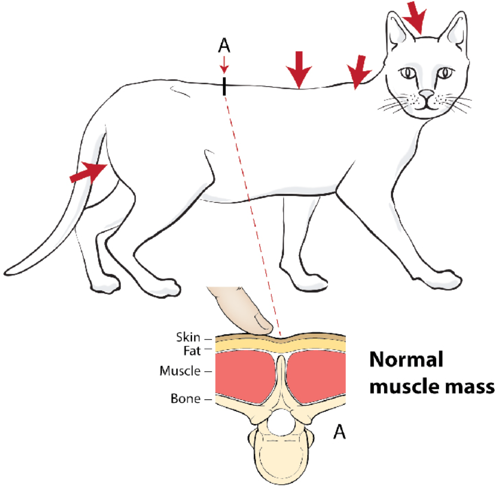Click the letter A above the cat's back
coord(224,47)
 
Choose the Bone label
coord(185,399)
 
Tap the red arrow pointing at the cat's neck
coord(360,70)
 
